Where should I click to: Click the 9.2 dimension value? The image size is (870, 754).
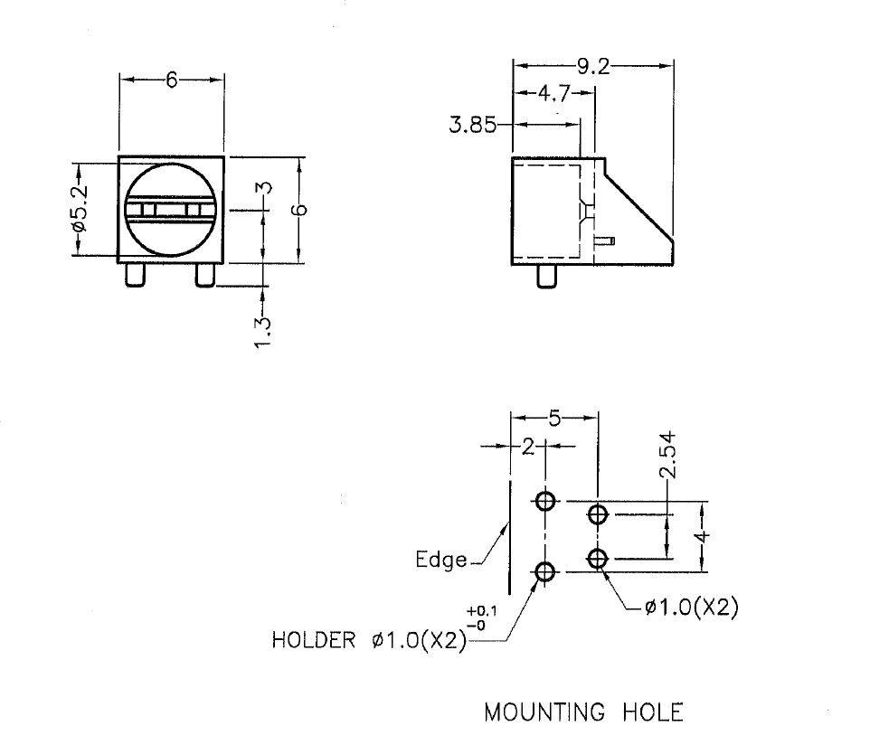point(593,65)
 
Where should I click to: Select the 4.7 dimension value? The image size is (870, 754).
point(553,92)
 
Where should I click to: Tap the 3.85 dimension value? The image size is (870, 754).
point(473,126)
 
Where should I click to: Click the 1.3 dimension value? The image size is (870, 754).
point(263,333)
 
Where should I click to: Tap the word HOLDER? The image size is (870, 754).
point(314,641)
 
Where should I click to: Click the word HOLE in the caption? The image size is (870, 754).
point(653,712)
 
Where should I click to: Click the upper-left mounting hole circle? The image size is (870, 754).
point(545,501)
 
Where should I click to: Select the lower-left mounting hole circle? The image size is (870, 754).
point(545,571)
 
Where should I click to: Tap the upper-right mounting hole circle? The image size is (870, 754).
point(597,515)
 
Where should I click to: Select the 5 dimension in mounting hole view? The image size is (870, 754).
point(554,419)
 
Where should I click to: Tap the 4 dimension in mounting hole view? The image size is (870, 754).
point(704,535)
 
